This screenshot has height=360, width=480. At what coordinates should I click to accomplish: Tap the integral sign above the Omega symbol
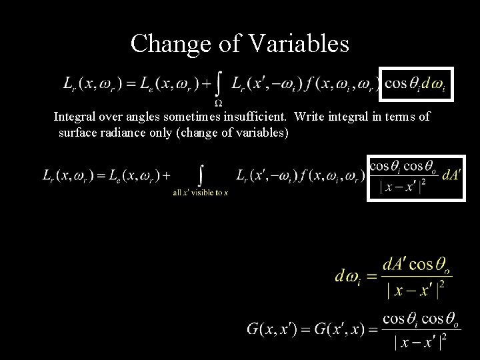(218, 83)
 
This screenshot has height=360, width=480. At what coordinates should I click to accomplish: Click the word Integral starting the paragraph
(75, 117)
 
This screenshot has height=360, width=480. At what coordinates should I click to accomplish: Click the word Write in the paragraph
(307, 117)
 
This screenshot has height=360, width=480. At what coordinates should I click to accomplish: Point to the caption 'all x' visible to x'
(200, 193)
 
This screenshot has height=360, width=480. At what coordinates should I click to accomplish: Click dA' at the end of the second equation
(450, 175)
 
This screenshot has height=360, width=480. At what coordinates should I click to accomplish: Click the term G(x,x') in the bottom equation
(274, 328)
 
